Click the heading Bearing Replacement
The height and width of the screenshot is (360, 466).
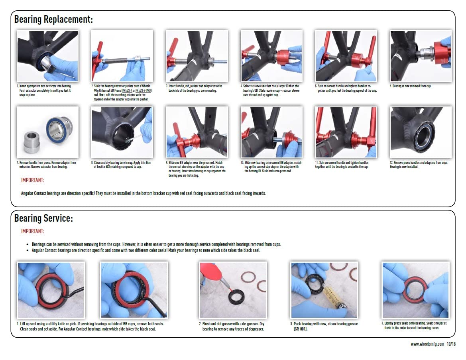pos(53,19)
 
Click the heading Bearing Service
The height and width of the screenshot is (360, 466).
pos(43,218)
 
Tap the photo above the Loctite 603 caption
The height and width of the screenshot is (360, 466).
pos(122,132)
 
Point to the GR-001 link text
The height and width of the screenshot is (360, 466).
pos(300,329)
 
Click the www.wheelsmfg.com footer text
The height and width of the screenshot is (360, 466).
pos(427,344)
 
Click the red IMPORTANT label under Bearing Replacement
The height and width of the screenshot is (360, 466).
pos(33,180)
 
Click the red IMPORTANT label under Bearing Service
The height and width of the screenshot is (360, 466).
pos(33,231)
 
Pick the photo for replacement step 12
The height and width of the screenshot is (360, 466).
pos(421,132)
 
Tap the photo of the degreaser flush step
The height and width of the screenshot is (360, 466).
pos(233,289)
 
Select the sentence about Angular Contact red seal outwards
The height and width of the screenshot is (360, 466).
pos(143,193)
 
